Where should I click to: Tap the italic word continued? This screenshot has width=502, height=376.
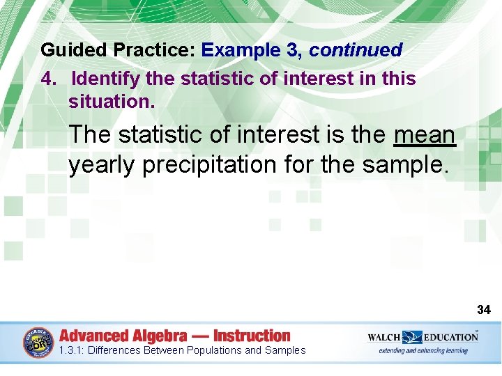pyautogui.click(x=356, y=51)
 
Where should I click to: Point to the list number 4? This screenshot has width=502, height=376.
pyautogui.click(x=48, y=79)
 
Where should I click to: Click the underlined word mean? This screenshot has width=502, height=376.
pyautogui.click(x=424, y=134)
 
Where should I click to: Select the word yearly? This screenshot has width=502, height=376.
pyautogui.click(x=102, y=165)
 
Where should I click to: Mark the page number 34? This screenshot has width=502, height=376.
pyautogui.click(x=484, y=309)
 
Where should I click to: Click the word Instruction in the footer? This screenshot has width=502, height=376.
pyautogui.click(x=252, y=336)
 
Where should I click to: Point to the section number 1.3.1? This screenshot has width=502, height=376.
pyautogui.click(x=72, y=351)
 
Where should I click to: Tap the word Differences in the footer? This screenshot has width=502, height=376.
pyautogui.click(x=115, y=351)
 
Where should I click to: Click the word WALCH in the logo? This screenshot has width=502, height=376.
pyautogui.click(x=385, y=337)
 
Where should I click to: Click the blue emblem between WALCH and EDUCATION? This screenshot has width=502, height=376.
pyautogui.click(x=413, y=338)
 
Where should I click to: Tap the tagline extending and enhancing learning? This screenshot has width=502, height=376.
pyautogui.click(x=423, y=350)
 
